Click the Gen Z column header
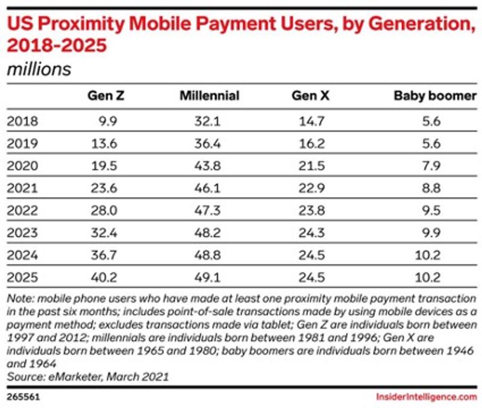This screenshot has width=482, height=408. pyautogui.click(x=105, y=96)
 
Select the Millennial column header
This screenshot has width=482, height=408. pyautogui.click(x=210, y=96)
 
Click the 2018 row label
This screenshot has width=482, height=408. pyautogui.click(x=22, y=121)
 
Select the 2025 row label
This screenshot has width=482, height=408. pyautogui.click(x=22, y=277)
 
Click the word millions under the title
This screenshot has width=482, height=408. pyautogui.click(x=39, y=69)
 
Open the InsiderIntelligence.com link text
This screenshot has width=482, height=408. pyautogui.click(x=426, y=397)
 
